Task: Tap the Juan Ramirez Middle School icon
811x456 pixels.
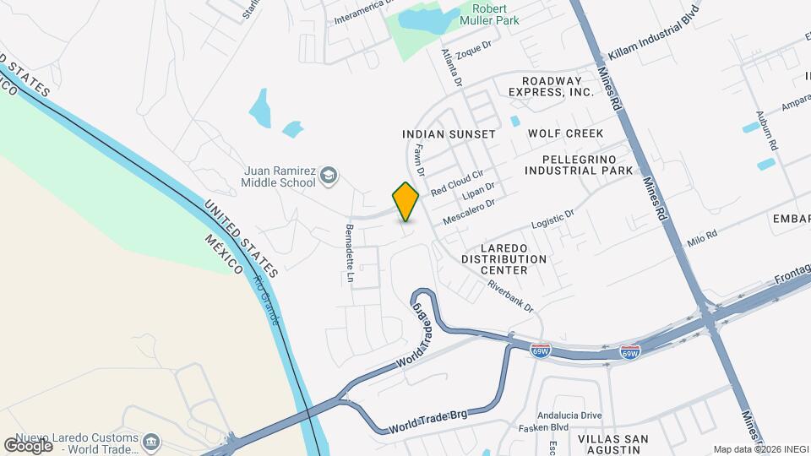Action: (329, 176)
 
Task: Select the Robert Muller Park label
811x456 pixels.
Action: (490, 13)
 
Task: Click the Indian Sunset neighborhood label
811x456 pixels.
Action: (449, 134)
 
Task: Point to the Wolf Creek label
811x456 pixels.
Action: (565, 133)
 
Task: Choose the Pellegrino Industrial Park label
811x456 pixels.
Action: (578, 165)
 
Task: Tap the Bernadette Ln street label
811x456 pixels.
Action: (349, 253)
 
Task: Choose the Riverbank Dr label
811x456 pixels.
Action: (510, 296)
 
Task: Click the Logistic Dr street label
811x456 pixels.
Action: (552, 218)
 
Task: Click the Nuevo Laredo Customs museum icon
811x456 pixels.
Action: (151, 442)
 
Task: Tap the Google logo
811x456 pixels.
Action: (28, 445)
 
